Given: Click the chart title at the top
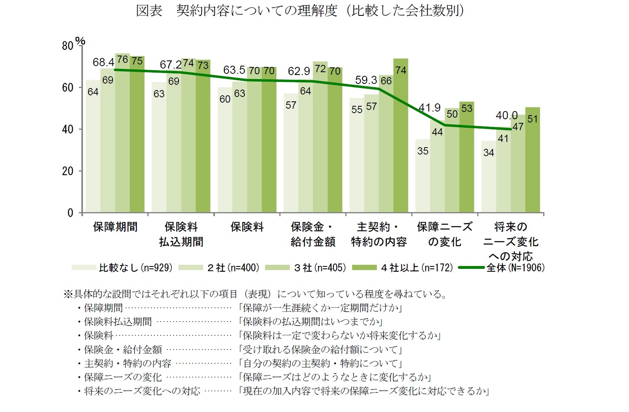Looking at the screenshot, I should point(300,11).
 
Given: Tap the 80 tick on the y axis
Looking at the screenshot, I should point(68,46).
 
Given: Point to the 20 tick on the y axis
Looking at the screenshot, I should point(68,171).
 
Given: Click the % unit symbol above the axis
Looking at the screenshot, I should point(81,41).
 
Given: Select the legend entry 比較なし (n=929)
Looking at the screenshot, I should point(122,268).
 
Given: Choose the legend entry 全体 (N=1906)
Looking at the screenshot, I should point(502,268).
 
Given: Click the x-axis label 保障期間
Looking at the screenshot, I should point(115,227).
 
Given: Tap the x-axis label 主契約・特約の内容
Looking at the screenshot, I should point(379,234).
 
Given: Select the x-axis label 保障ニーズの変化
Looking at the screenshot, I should point(444,234).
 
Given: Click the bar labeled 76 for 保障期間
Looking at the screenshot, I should point(122,134).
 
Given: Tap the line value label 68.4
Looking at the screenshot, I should point(103,62).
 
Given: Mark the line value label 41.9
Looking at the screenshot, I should point(429,108).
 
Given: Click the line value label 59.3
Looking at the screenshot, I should point(366,80).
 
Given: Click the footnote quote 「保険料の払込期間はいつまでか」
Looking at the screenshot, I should point(310,322).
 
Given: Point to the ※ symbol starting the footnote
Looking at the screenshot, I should point(68,294).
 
